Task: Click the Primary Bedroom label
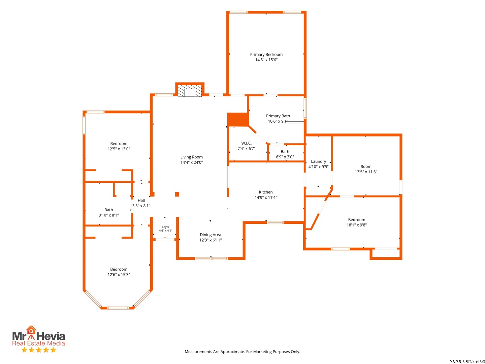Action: point(266,54)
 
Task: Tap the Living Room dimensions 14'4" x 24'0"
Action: point(191,162)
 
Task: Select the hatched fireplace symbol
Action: point(190,91)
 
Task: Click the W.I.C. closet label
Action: point(246,143)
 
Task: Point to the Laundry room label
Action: point(318,161)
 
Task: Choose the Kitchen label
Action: point(266,192)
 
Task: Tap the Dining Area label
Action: point(210,235)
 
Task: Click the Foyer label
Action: point(165,227)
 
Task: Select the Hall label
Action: point(141,200)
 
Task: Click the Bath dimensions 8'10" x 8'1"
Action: point(108,215)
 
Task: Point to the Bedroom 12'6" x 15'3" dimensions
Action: point(119,274)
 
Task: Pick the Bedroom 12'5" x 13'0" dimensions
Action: point(119,149)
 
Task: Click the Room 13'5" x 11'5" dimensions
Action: point(366,172)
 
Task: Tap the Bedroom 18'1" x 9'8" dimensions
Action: point(356,225)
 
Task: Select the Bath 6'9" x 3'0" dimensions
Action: point(285,157)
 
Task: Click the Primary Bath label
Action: point(278,116)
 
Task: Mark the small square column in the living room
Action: point(177,194)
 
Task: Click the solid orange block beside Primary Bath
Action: point(238,119)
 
